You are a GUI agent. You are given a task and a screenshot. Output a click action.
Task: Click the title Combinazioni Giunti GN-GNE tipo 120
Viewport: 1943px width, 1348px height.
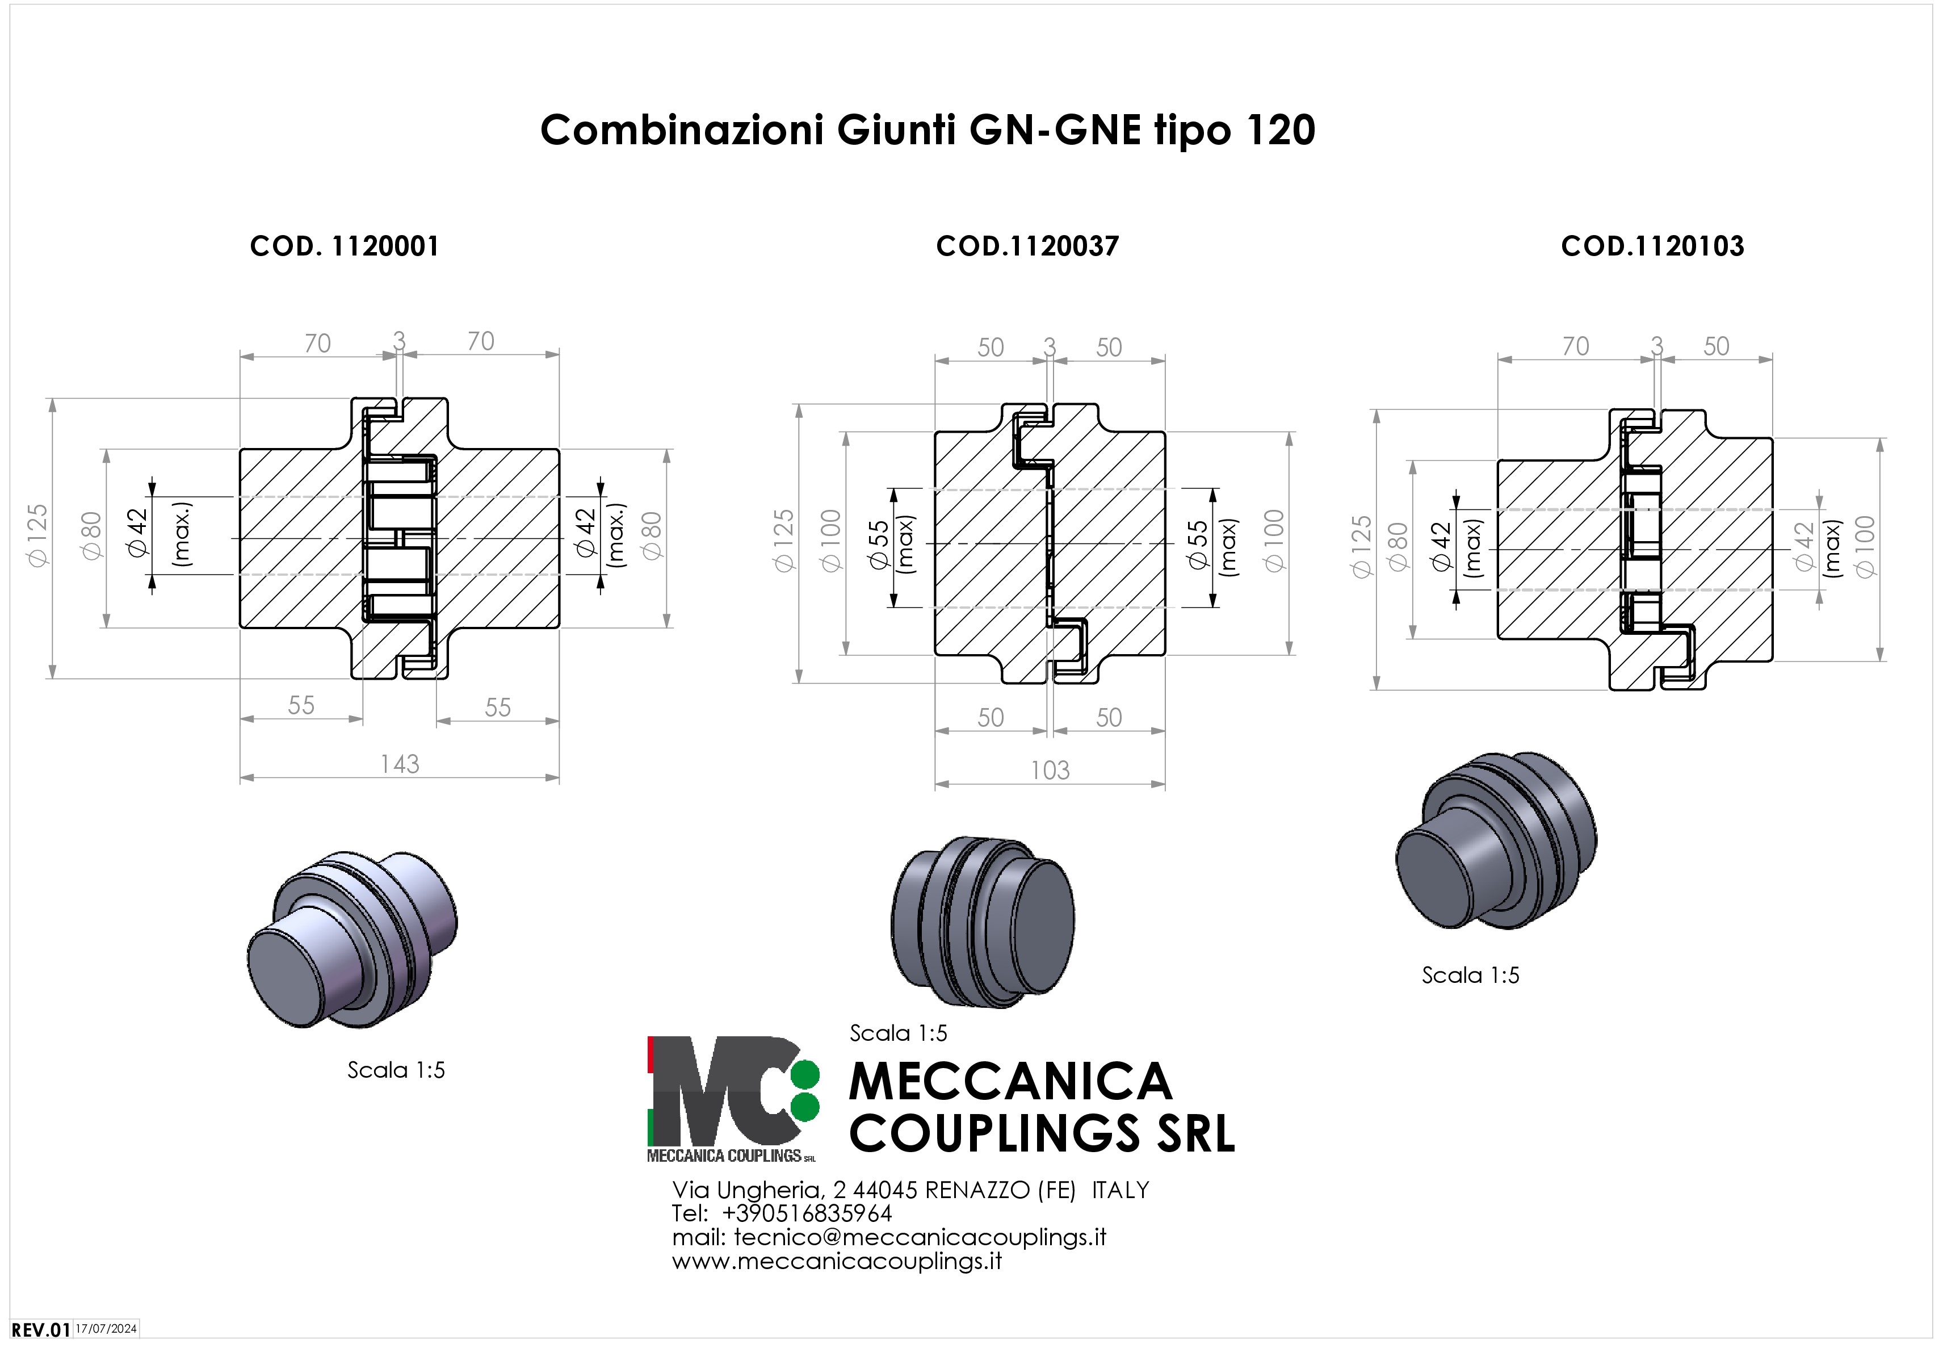click(927, 130)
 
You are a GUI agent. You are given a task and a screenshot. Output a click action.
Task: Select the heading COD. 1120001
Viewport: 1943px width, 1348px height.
click(345, 246)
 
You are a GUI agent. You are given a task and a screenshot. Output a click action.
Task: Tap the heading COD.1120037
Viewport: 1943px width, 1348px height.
click(1027, 246)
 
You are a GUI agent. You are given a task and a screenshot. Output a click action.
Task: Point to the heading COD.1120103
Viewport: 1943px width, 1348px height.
click(1652, 246)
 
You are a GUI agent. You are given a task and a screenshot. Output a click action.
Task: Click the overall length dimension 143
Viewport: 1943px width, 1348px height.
click(400, 764)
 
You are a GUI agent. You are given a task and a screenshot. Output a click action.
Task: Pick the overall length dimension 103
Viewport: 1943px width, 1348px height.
click(1050, 769)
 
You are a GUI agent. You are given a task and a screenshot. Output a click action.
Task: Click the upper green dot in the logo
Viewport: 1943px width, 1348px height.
click(805, 1074)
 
